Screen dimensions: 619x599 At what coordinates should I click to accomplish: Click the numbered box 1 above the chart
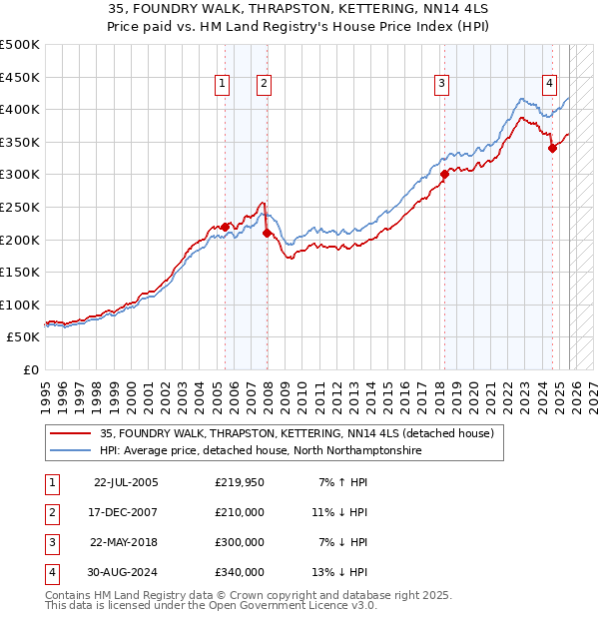tap(221, 85)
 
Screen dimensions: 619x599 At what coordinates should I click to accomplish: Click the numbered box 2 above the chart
tap(264, 85)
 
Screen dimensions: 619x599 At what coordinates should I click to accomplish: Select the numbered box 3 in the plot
tap(441, 85)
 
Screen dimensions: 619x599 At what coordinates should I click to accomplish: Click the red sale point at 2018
tap(444, 174)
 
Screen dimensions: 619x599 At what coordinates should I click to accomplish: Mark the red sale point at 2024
tap(552, 148)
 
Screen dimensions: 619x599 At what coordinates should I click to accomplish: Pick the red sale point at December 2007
tap(267, 233)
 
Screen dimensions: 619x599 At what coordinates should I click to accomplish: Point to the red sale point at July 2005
tap(225, 227)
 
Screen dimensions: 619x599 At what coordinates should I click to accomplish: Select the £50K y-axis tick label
tap(24, 337)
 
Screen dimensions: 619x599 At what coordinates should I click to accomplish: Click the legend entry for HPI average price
tap(261, 451)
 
